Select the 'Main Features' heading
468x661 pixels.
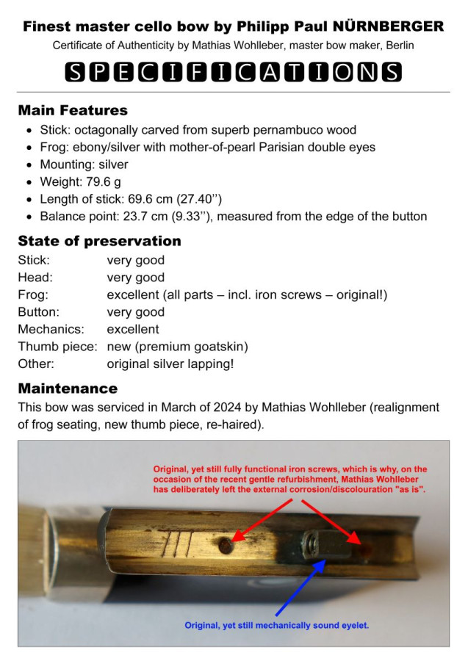73,111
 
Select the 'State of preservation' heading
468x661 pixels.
99,241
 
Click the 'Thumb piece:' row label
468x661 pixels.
57,347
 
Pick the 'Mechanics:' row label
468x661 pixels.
51,329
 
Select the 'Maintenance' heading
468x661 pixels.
68,388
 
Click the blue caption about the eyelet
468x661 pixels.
276,626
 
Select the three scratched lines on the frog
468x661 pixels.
179,545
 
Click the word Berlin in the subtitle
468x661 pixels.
397,46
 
